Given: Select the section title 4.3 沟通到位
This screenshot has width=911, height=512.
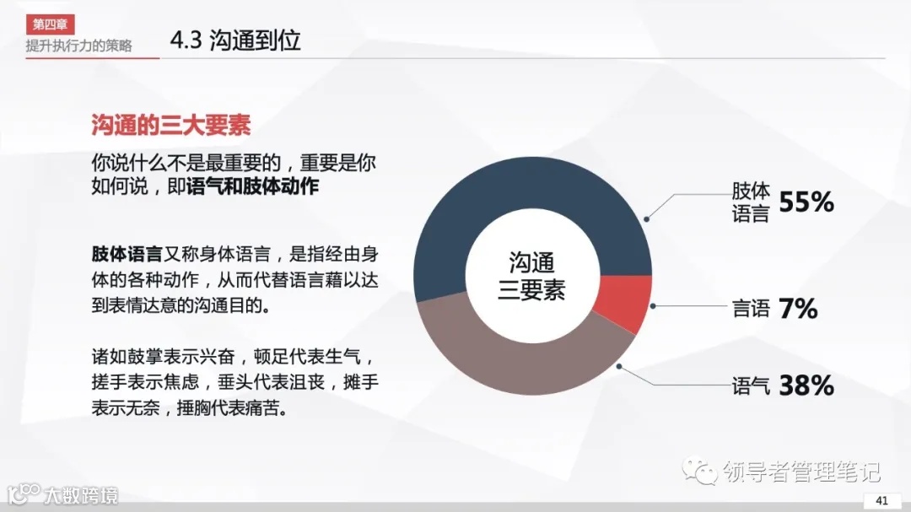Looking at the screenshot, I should click(x=235, y=40).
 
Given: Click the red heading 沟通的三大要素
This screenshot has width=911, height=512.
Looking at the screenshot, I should click(x=170, y=126).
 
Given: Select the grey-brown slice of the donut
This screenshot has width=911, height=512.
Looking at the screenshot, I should click(x=523, y=363).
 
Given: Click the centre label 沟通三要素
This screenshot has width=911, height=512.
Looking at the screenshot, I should click(x=532, y=276).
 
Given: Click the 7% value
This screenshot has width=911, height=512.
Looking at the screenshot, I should click(x=798, y=309).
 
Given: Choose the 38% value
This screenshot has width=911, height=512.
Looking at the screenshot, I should click(x=806, y=385).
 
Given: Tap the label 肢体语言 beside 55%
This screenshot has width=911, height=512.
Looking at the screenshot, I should click(x=750, y=202).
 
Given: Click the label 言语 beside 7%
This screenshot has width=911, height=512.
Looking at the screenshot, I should click(x=750, y=309).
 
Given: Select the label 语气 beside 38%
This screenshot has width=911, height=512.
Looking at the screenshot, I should click(x=750, y=387).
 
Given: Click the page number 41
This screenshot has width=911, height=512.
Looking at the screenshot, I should click(x=882, y=500).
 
